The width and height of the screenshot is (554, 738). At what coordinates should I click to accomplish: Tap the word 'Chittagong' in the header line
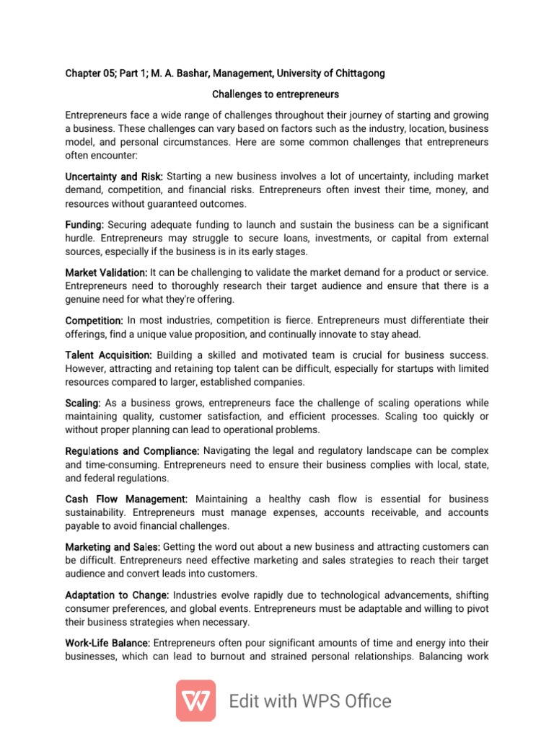pyautogui.click(x=359, y=74)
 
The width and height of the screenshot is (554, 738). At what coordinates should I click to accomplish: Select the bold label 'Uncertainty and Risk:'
pyautogui.click(x=114, y=177)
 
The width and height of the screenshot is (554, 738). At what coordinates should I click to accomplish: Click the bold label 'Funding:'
pyautogui.click(x=84, y=225)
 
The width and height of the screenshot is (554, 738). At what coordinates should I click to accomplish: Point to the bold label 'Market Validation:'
pyautogui.click(x=106, y=272)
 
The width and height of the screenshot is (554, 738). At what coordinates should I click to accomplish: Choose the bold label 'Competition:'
pyautogui.click(x=94, y=320)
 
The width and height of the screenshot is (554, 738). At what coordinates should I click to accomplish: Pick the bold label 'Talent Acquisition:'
pyautogui.click(x=108, y=355)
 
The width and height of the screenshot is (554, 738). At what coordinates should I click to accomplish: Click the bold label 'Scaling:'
pyautogui.click(x=83, y=403)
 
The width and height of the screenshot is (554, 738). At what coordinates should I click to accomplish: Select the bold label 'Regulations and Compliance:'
pyautogui.click(x=132, y=451)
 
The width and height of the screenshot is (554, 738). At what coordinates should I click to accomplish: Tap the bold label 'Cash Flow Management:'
pyautogui.click(x=126, y=499)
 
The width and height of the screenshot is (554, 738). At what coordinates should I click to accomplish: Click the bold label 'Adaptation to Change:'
pyautogui.click(x=117, y=595)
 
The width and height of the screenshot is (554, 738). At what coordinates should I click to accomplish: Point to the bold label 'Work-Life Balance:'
pyautogui.click(x=108, y=643)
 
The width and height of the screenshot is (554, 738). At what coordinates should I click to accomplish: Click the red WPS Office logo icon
pyautogui.click(x=195, y=701)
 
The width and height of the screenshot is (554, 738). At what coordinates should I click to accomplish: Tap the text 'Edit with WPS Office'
pyautogui.click(x=310, y=701)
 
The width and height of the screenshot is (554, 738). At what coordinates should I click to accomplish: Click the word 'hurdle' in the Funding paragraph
pyautogui.click(x=80, y=239)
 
